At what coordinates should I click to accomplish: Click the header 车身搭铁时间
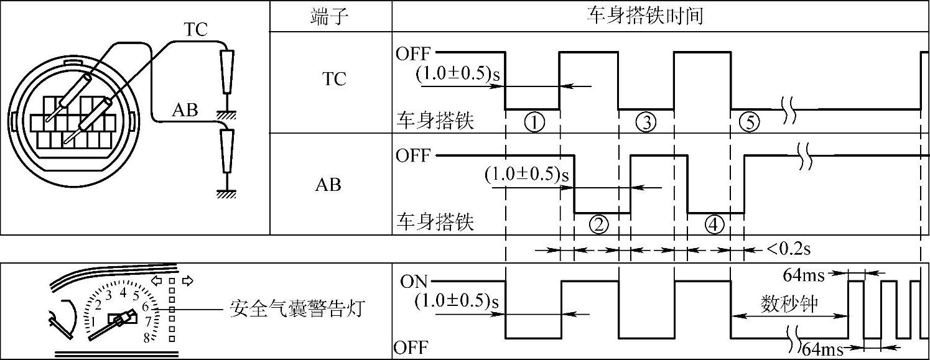click(645, 16)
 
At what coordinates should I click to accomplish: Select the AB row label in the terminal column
click(329, 185)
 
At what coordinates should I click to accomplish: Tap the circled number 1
click(534, 122)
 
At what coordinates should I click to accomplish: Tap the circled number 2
click(598, 225)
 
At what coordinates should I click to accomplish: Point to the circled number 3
click(646, 122)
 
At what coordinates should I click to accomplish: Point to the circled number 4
click(715, 225)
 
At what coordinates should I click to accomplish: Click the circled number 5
click(750, 122)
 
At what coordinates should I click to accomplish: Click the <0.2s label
click(788, 250)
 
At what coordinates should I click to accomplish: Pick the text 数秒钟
click(789, 304)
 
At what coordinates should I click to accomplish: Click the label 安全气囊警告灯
click(295, 308)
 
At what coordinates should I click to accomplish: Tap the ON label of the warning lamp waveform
click(414, 282)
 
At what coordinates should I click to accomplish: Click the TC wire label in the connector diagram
click(195, 29)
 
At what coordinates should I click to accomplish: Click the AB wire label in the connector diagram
click(185, 111)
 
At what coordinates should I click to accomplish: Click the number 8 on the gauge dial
click(147, 338)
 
